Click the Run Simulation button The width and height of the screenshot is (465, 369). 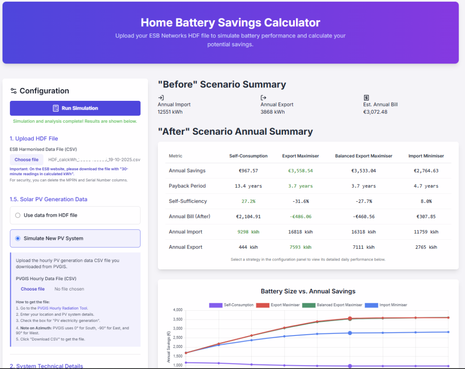[x=75, y=108]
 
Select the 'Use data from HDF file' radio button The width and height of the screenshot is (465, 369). [x=18, y=215]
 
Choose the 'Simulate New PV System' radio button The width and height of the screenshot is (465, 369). [x=18, y=239]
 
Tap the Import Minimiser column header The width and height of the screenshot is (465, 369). [x=426, y=156]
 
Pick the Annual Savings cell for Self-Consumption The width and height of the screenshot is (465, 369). [x=248, y=171]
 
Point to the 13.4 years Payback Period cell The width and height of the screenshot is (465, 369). [x=248, y=186]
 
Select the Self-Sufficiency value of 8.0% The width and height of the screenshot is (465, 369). [x=426, y=201]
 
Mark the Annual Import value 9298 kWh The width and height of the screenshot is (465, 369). [x=248, y=232]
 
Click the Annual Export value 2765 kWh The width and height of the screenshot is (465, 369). [x=426, y=247]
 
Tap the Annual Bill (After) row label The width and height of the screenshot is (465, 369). [x=190, y=217]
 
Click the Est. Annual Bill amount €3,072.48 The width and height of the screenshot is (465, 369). [x=375, y=112]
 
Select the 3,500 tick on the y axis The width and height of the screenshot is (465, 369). [x=177, y=319]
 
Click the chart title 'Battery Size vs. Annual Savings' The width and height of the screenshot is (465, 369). [x=308, y=291]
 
